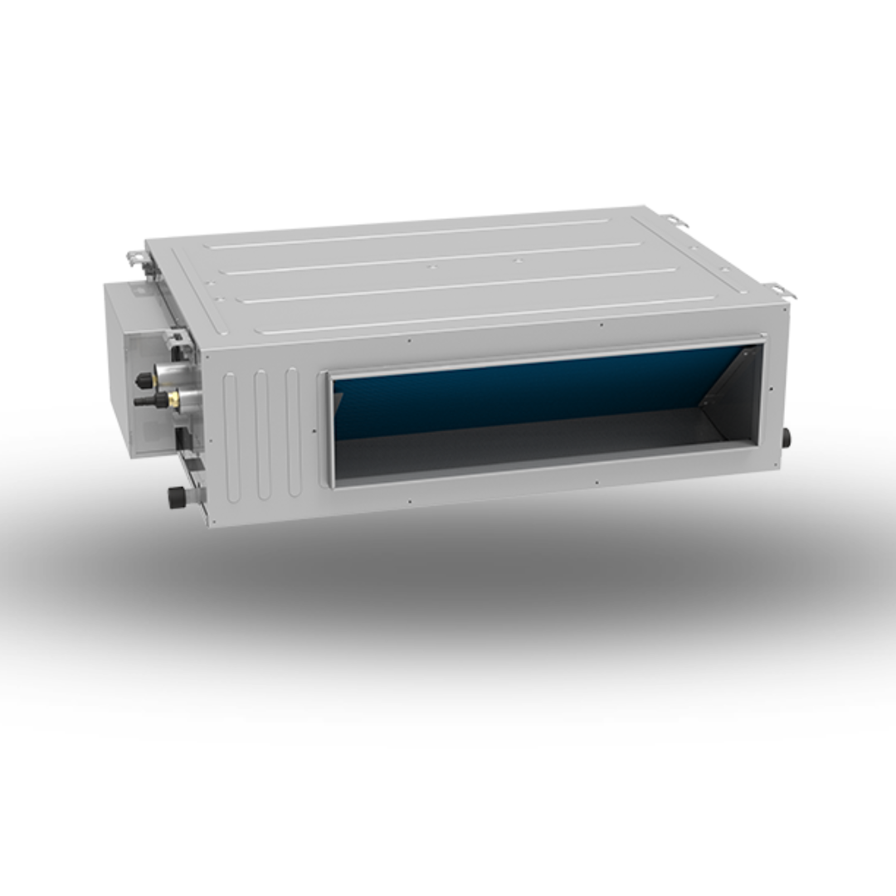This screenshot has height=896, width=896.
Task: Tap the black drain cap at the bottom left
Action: tap(177, 497)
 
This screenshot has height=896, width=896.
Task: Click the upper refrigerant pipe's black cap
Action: tap(144, 380)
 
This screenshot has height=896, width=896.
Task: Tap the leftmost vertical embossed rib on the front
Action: tap(231, 436)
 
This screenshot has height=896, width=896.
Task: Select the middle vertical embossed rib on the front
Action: tap(262, 434)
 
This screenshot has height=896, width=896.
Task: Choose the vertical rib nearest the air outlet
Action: tap(293, 431)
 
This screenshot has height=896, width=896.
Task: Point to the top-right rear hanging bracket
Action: tap(674, 221)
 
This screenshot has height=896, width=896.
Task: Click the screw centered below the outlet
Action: tap(596, 483)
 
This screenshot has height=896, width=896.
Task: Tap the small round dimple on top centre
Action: tap(429, 268)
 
